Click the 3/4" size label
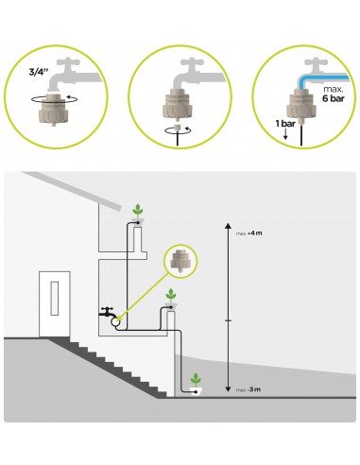[39, 72]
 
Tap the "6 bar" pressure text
[334, 98]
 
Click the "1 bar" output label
[285, 124]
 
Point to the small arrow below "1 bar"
[285, 135]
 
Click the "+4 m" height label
[255, 233]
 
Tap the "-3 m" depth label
[254, 389]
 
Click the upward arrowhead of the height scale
[228, 226]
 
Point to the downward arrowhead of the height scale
[228, 389]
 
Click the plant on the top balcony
[137, 211]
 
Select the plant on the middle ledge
[171, 296]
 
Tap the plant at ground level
[196, 380]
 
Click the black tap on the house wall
[107, 312]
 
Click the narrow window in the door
[55, 298]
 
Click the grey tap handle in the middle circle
[192, 62]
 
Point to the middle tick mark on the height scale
[228, 320]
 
